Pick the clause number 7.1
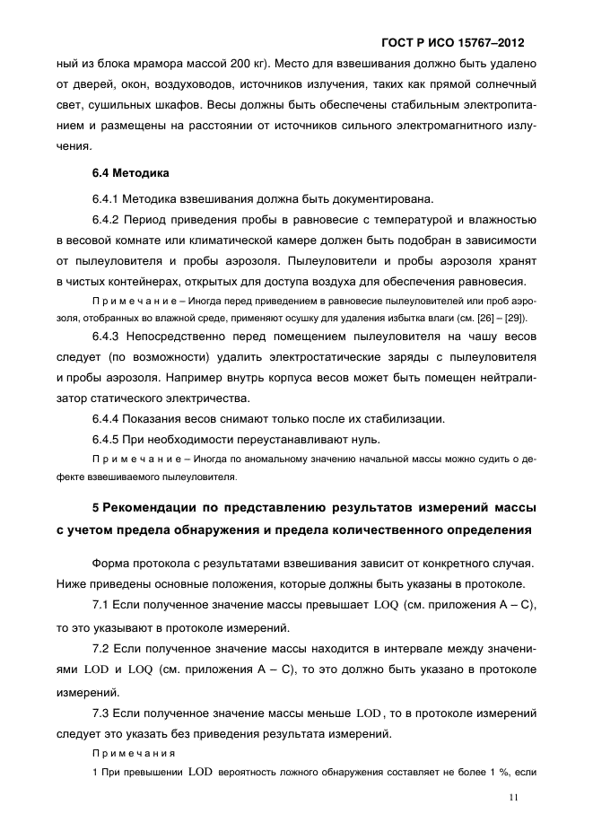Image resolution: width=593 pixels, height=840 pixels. (x=101, y=607)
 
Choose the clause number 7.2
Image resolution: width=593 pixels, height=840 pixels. (x=101, y=648)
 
